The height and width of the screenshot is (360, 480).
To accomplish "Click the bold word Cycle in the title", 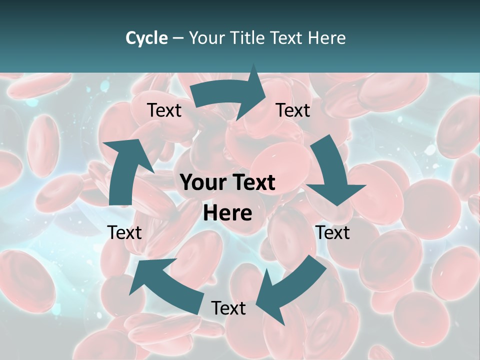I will (x=146, y=38).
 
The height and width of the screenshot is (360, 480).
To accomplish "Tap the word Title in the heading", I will (x=249, y=38).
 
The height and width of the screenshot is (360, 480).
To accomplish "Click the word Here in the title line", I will (x=327, y=38).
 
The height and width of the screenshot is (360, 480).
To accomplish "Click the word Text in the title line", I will (x=288, y=38).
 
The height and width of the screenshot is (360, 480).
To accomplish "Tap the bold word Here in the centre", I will (x=227, y=213).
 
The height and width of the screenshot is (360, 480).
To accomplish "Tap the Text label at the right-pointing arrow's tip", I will (x=293, y=110).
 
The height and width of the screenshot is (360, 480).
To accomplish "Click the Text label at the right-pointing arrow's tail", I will (x=164, y=110).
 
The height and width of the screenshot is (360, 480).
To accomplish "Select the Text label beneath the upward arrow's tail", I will (x=124, y=232).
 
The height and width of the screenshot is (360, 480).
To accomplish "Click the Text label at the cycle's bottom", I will (x=228, y=308).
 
